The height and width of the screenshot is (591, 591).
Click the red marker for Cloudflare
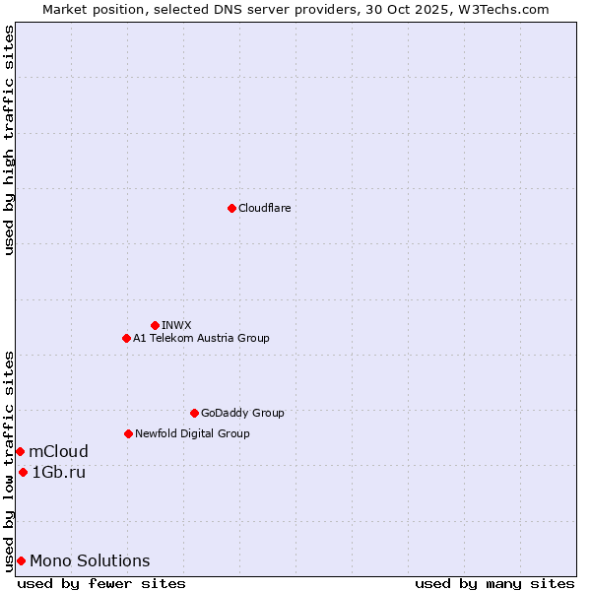231,208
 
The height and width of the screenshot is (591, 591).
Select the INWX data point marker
155,325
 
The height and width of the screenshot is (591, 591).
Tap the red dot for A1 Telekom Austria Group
126,338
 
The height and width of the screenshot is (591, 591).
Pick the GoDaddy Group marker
194,413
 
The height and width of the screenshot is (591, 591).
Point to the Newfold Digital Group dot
128,433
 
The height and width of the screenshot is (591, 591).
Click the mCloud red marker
20,451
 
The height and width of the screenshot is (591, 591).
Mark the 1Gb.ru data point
23,472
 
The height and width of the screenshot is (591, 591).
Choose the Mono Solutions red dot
21,560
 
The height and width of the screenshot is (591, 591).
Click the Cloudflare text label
265,208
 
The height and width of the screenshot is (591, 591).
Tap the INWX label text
177,325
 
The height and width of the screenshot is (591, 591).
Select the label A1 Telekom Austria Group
201,338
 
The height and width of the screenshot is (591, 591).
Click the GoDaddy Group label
242,413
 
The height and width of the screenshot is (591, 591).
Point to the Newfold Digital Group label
192,433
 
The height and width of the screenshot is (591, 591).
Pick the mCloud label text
59,451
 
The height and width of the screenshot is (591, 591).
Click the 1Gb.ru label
59,472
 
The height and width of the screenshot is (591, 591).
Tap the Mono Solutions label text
90,560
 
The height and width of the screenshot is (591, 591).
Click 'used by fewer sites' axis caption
101,583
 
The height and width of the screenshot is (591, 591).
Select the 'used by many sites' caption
493,583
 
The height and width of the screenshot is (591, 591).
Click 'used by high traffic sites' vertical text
9,140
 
